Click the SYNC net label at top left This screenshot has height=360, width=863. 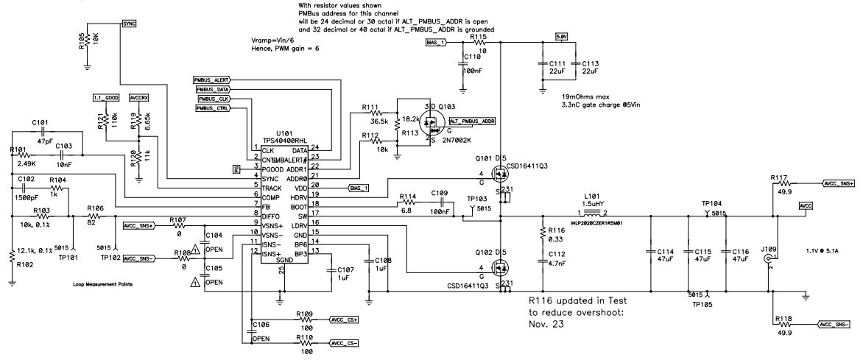(129, 24)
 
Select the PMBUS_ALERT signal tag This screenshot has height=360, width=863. (212, 79)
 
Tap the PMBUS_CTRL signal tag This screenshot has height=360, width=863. (213, 108)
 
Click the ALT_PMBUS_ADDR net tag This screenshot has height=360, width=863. (471, 120)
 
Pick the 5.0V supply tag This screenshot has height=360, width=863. (561, 36)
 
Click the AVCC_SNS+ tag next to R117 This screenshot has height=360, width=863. (839, 183)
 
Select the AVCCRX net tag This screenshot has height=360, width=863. (138, 97)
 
